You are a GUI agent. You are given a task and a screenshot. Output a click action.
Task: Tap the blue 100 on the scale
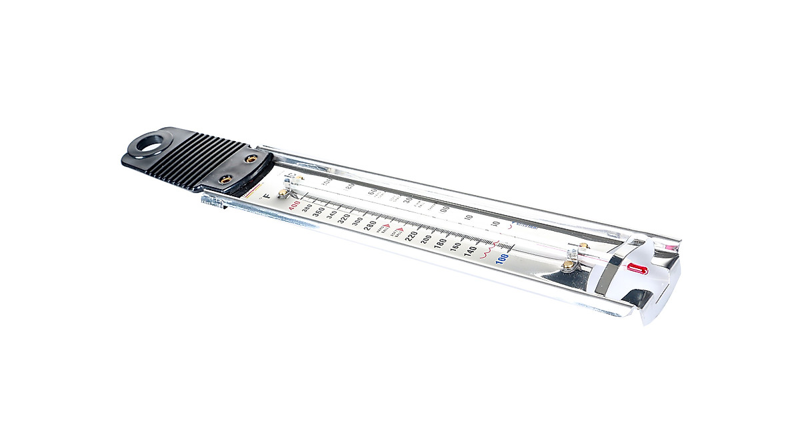pyautogui.click(x=502, y=257)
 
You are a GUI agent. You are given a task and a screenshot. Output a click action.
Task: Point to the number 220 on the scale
pyautogui.click(x=411, y=235)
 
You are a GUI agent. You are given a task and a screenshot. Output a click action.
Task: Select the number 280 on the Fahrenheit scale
pyautogui.click(x=370, y=224)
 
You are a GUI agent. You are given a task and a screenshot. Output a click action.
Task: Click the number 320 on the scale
pyautogui.click(x=343, y=218)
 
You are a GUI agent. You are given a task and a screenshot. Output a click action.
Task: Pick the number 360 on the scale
pyautogui.click(x=318, y=211)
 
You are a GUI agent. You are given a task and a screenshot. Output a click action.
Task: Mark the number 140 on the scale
pyautogui.click(x=470, y=251)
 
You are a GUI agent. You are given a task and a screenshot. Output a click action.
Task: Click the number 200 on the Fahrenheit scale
pyautogui.click(x=425, y=239)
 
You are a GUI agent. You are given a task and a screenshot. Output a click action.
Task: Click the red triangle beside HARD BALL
pyautogui.click(x=387, y=226)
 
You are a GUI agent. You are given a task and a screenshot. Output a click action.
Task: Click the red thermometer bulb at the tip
pyautogui.click(x=637, y=269)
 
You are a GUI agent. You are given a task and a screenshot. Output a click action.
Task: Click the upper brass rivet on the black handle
pyautogui.click(x=251, y=159)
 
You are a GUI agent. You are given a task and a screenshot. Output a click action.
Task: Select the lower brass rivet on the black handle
pyautogui.click(x=225, y=178)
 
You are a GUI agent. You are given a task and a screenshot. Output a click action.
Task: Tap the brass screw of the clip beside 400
pyautogui.click(x=283, y=193)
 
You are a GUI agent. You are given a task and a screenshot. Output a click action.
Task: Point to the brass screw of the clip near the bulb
pyautogui.click(x=568, y=265)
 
